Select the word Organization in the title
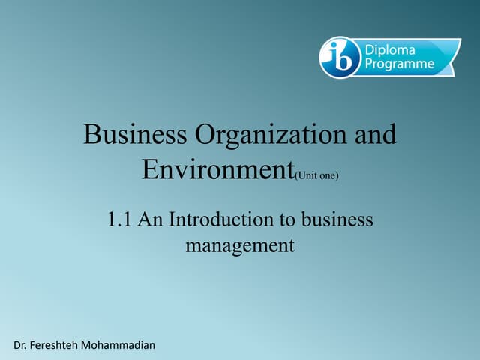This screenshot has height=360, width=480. pyautogui.click(x=262, y=136)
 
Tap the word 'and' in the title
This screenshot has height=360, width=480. pyautogui.click(x=373, y=136)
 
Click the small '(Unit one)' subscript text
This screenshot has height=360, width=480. pyautogui.click(x=317, y=175)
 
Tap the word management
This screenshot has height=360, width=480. pyautogui.click(x=239, y=244)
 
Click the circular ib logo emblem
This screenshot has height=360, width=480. pyautogui.click(x=340, y=57)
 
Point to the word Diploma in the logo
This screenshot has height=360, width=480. pyautogui.click(x=390, y=49)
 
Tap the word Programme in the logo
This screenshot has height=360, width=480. pyautogui.click(x=400, y=64)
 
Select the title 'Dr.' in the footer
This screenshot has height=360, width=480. pyautogui.click(x=22, y=344)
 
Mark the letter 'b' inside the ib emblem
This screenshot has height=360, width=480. pyautogui.click(x=345, y=58)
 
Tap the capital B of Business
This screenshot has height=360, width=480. pyautogui.click(x=91, y=136)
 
